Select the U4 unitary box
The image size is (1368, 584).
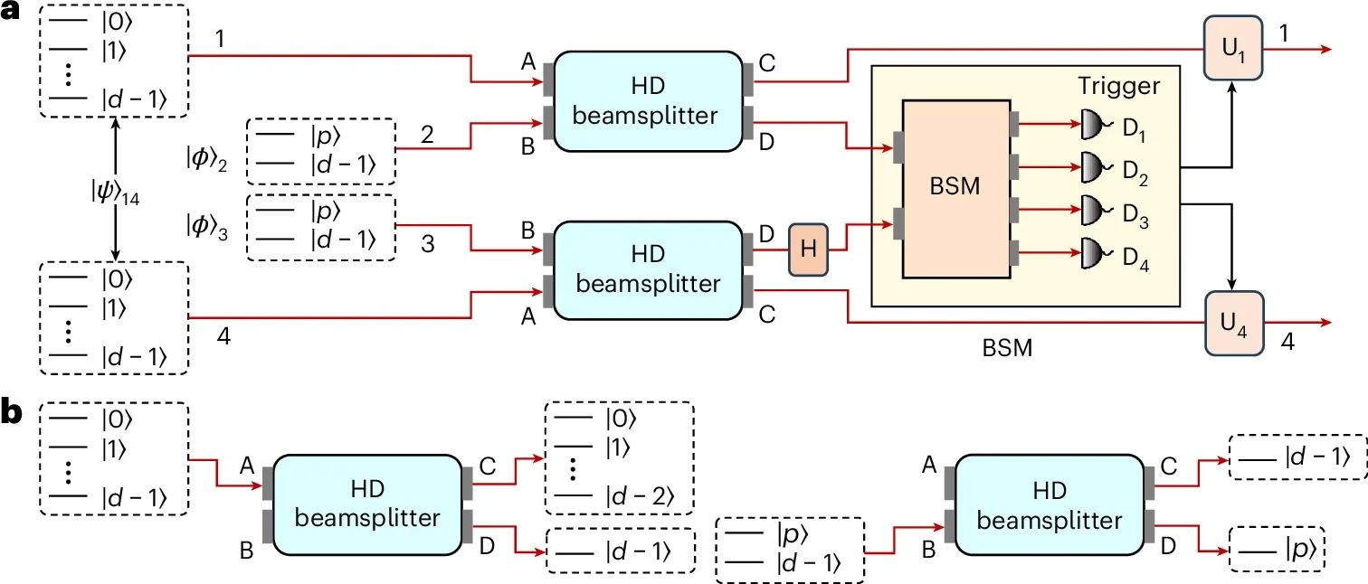pyautogui.click(x=1231, y=323)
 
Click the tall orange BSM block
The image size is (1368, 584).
pyautogui.click(x=955, y=188)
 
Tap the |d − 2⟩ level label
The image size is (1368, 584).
pyautogui.click(x=640, y=496)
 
